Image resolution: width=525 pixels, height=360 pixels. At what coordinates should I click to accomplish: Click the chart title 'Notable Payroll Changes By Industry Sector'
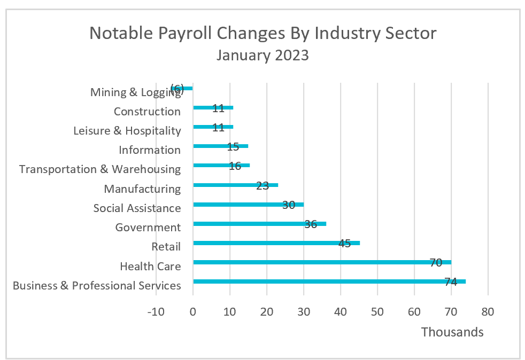pyautogui.click(x=262, y=33)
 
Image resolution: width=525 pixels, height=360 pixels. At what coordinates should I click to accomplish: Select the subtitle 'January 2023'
pyautogui.click(x=262, y=55)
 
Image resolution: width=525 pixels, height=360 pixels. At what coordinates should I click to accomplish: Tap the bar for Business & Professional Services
pyautogui.click(x=321, y=281)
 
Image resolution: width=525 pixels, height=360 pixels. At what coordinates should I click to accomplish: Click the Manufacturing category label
pyautogui.click(x=142, y=189)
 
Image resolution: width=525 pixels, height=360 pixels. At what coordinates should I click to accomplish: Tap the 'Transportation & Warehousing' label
pyautogui.click(x=100, y=169)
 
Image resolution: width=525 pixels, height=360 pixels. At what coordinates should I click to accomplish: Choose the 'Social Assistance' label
pyautogui.click(x=137, y=208)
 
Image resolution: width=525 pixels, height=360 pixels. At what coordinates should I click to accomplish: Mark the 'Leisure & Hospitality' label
pyautogui.click(x=127, y=131)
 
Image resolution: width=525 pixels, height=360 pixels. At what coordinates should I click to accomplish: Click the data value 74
pyautogui.click(x=451, y=282)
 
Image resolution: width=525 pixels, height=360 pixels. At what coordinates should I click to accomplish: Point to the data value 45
pyautogui.click(x=345, y=244)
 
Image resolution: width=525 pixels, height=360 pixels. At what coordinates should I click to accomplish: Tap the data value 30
pyautogui.click(x=289, y=205)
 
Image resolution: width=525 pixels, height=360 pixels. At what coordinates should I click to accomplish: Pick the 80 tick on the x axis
pyautogui.click(x=488, y=311)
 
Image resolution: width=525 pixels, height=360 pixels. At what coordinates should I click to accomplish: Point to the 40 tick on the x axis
pyautogui.click(x=340, y=311)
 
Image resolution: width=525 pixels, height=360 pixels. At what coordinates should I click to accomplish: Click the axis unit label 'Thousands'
pyautogui.click(x=452, y=332)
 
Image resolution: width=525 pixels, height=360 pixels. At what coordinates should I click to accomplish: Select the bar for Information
pyautogui.click(x=220, y=146)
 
